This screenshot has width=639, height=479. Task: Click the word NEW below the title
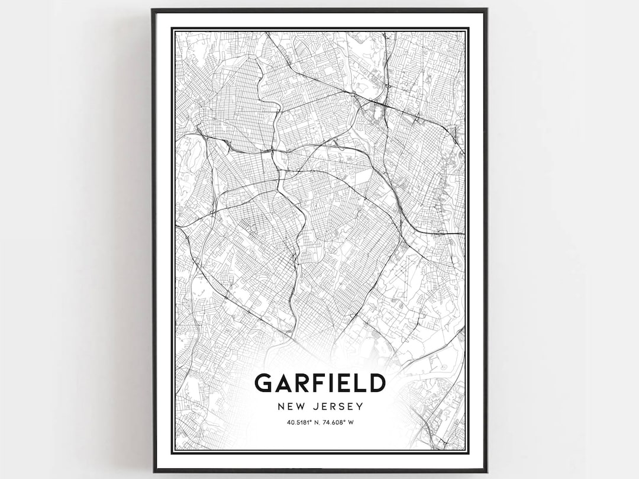click(x=289, y=407)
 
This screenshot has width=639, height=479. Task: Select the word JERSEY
click(x=337, y=407)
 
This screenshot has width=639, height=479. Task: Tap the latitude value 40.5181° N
click(x=303, y=422)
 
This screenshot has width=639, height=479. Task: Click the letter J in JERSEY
click(x=314, y=407)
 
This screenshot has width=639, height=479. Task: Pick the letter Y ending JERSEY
click(x=360, y=407)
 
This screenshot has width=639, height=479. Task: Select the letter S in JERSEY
click(x=341, y=407)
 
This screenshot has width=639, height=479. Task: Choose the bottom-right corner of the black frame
click(x=486, y=471)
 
